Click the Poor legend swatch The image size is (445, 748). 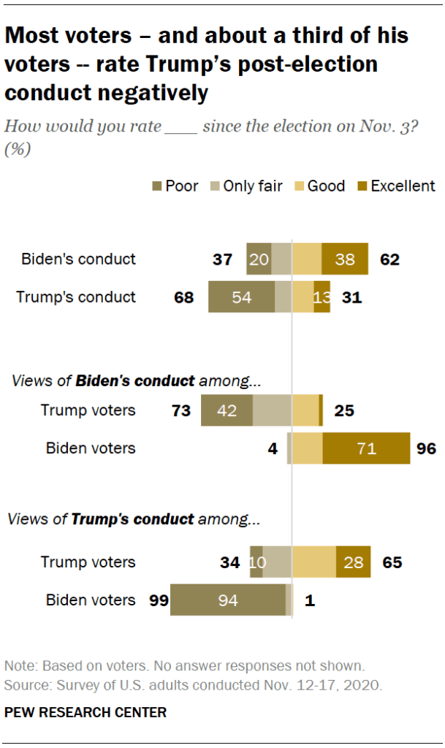(x=156, y=186)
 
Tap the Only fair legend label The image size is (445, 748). (x=254, y=186)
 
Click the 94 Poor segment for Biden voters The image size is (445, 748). (x=228, y=600)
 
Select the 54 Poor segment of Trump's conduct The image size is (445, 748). (x=241, y=297)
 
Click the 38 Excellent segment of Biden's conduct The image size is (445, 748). (x=345, y=259)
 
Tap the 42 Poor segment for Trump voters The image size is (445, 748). (x=227, y=409)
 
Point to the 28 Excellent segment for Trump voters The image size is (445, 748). (x=353, y=562)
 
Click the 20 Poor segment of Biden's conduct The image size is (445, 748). (x=259, y=259)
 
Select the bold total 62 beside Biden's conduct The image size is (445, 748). (x=390, y=259)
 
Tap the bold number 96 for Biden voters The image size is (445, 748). (x=426, y=447)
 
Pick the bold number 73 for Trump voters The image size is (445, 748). (x=180, y=409)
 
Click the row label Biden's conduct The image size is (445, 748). (x=78, y=259)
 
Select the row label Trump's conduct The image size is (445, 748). (x=77, y=297)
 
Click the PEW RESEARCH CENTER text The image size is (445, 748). (x=85, y=711)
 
